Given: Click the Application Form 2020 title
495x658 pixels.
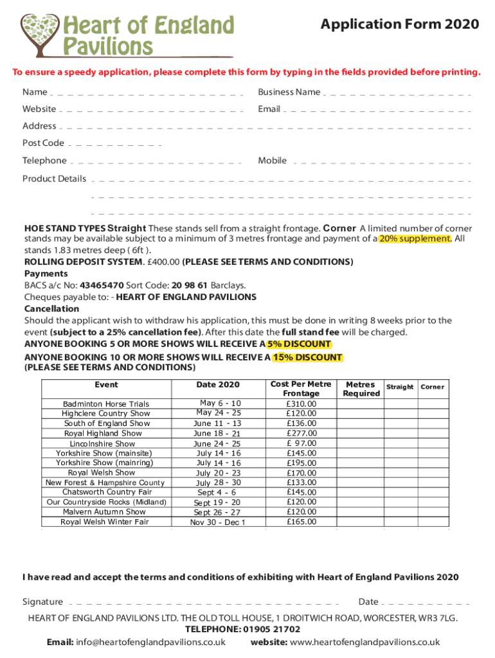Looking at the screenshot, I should tap(400, 24).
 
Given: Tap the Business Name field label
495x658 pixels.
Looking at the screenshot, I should tap(289, 92).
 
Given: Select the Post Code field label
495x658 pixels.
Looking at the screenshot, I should tap(43, 143).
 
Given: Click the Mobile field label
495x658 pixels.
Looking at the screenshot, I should tap(273, 161).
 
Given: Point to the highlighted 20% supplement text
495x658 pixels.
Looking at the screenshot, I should tap(415, 238).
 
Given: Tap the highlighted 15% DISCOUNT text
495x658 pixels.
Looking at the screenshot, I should tap(307, 357).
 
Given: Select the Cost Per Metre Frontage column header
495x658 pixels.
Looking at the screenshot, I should tap(301, 388).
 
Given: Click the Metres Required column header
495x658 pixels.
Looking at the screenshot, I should tap(361, 388).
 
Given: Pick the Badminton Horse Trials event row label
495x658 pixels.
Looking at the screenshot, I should tap(106, 404).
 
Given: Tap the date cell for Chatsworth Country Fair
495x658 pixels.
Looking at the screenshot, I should tap(217, 492).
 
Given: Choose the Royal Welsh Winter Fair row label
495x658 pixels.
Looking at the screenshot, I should tap(105, 522).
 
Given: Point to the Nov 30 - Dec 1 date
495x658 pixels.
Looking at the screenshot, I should tap(218, 522).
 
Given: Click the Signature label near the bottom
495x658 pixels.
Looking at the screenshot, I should tap(43, 601).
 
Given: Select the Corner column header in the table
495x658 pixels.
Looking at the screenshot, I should tap(432, 387).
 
